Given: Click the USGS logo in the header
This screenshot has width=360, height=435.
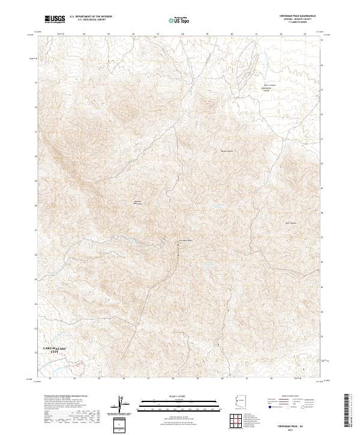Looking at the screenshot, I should coord(55,19).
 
